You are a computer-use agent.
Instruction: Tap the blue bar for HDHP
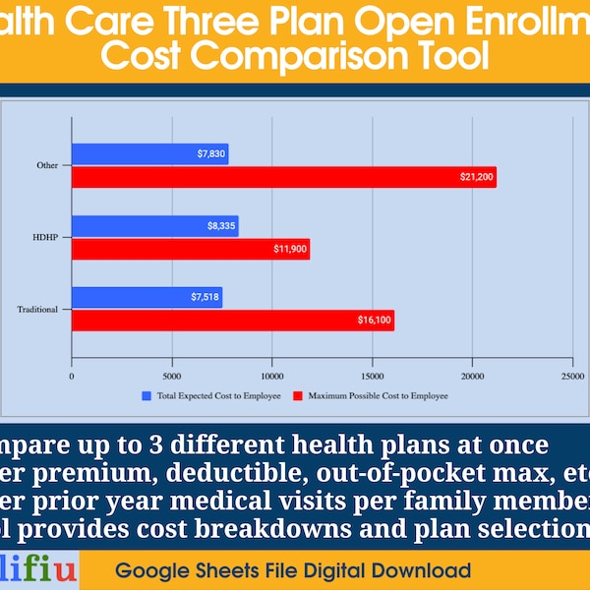pyautogui.click(x=154, y=225)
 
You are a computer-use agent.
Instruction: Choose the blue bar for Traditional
pyautogui.click(x=147, y=297)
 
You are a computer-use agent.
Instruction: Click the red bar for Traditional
pyautogui.click(x=232, y=321)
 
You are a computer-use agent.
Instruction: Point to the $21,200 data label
pyautogui.click(x=477, y=177)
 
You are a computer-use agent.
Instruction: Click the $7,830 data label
pyautogui.click(x=210, y=153)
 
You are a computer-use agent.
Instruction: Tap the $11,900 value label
pyautogui.click(x=290, y=249)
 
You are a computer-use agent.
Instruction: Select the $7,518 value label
pyautogui.click(x=205, y=297)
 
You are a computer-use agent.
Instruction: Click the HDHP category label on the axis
pyautogui.click(x=46, y=237)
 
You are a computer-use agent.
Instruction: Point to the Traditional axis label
pyautogui.click(x=37, y=310)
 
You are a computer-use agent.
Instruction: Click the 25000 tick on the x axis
pyautogui.click(x=572, y=375)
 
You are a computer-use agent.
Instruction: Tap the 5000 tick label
pyautogui.click(x=171, y=375)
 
